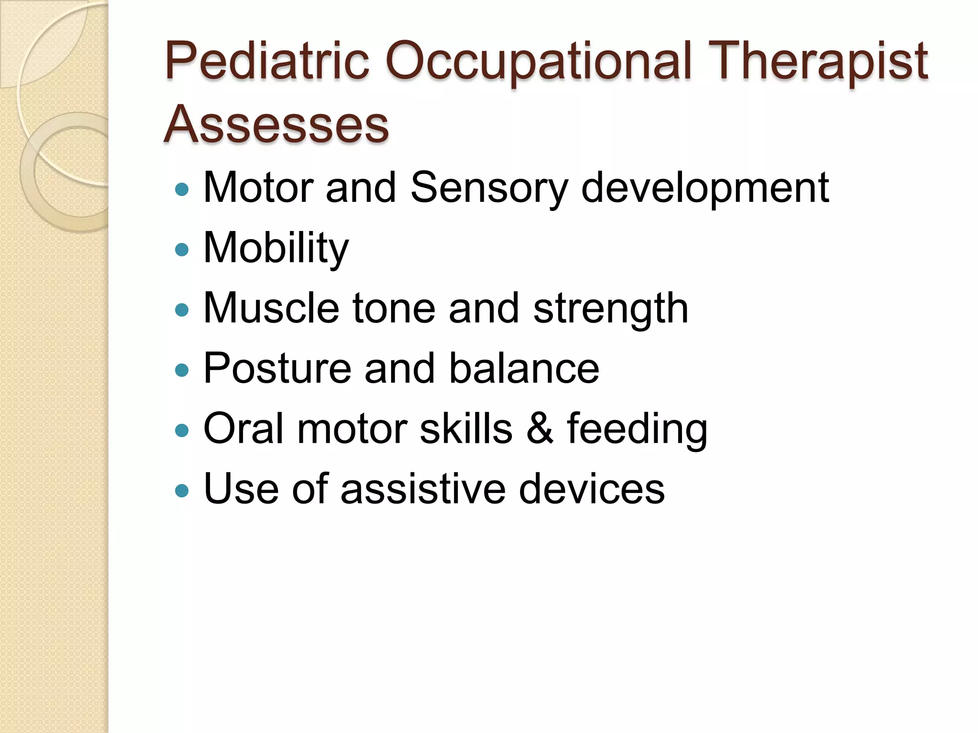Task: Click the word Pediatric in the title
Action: (267, 61)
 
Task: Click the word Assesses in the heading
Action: (276, 125)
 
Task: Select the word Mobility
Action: (276, 249)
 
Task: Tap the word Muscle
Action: (271, 309)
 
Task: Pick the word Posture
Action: (277, 368)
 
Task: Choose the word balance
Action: (524, 368)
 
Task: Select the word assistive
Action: (423, 489)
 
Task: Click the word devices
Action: (592, 489)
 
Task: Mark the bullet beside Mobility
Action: (182, 250)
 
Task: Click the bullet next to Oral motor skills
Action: (182, 431)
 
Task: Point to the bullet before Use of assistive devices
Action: (182, 491)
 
